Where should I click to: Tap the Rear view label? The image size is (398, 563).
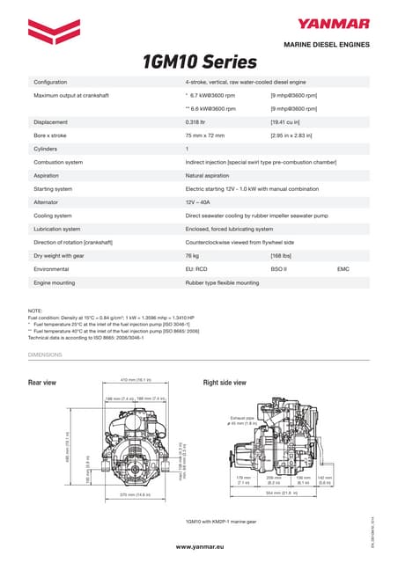click(x=42, y=384)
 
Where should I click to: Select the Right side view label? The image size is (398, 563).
click(x=225, y=384)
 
